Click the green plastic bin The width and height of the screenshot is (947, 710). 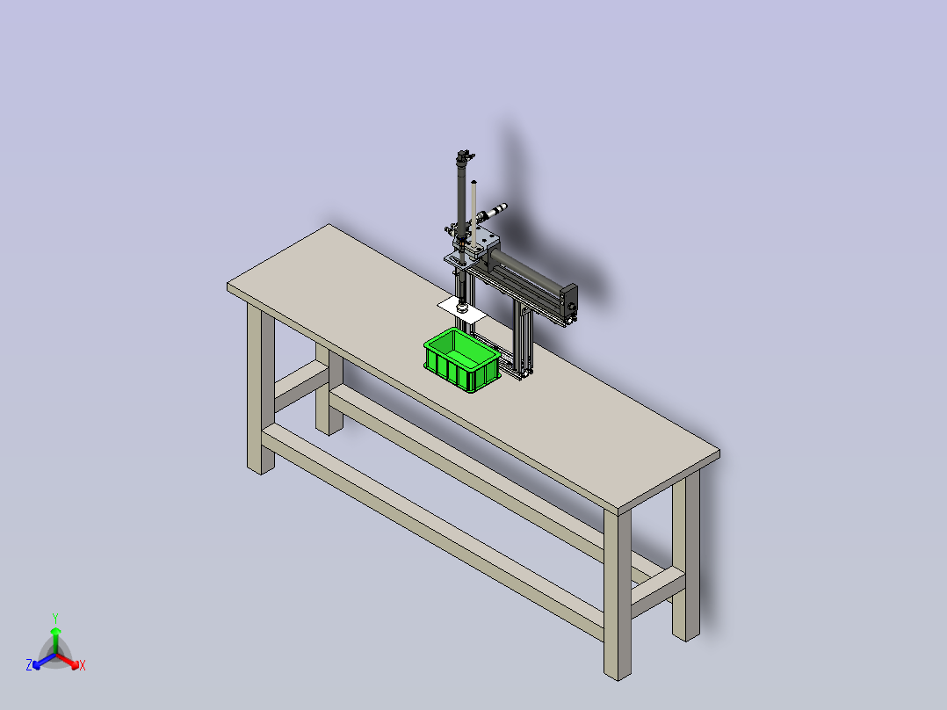click(462, 359)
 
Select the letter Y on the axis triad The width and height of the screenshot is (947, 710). click(55, 618)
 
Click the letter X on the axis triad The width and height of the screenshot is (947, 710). click(83, 665)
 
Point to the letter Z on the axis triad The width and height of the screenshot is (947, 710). click(29, 664)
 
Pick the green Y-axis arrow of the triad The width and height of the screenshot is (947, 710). click(55, 641)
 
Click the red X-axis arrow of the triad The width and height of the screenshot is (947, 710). click(68, 661)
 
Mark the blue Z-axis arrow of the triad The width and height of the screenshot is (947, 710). click(44, 661)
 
